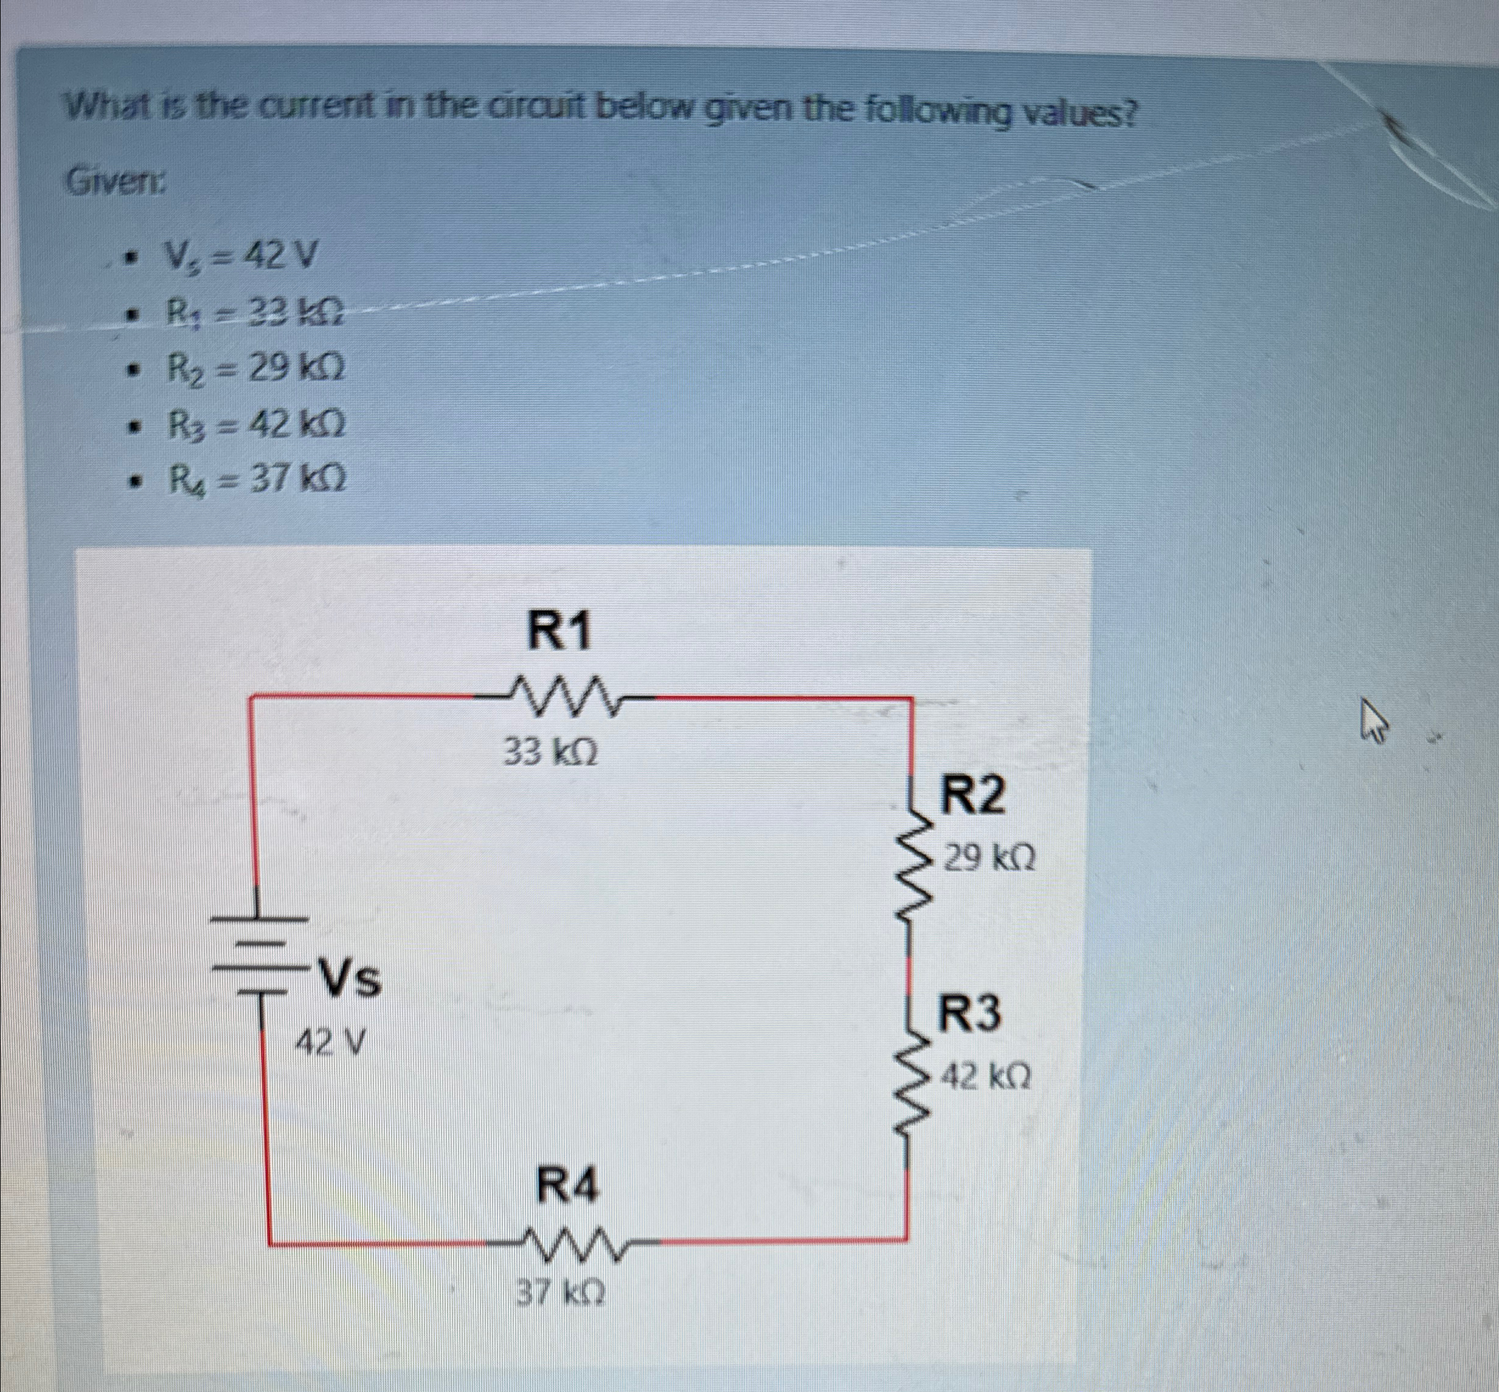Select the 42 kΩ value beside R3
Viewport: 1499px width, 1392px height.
click(x=986, y=1079)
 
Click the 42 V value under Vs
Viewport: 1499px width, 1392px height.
click(x=330, y=1043)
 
